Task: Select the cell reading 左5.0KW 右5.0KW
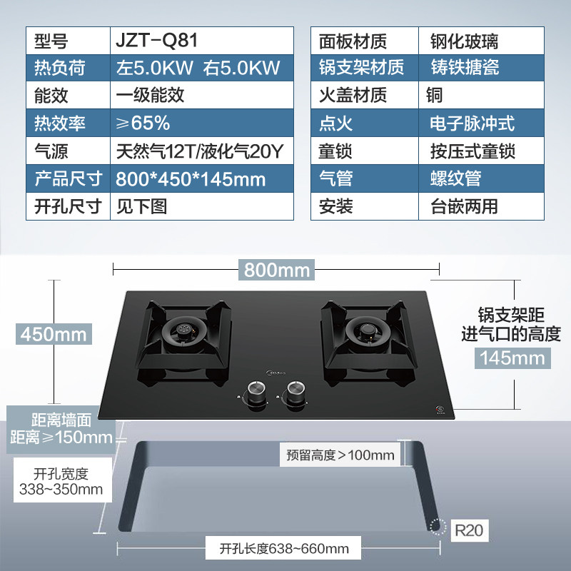coord(198,68)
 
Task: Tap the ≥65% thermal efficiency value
coord(143,123)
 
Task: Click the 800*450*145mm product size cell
coord(191,179)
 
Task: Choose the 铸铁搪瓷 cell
coord(465,68)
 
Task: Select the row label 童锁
coord(335,151)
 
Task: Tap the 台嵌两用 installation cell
coord(465,207)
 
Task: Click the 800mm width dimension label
coord(277,271)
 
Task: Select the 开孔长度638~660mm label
coord(285,549)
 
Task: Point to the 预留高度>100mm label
coord(340,455)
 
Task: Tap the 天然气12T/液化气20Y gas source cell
coord(201,151)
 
